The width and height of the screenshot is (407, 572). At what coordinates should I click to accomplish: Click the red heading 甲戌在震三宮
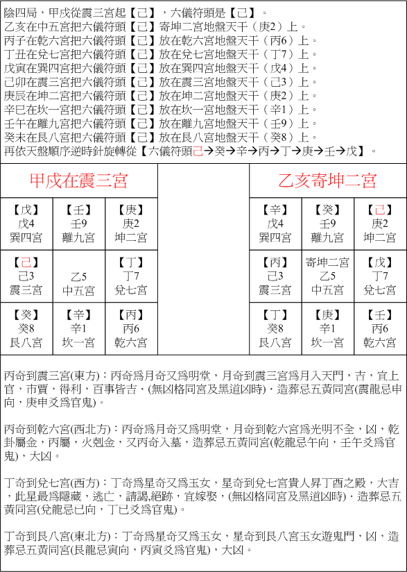pyautogui.click(x=78, y=181)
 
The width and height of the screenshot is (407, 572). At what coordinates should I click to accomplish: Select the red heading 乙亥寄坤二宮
pyautogui.click(x=327, y=181)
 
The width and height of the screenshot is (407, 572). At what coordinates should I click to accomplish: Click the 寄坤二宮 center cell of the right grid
pyautogui.click(x=327, y=276)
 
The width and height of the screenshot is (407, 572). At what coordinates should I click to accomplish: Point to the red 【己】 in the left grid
pyautogui.click(x=26, y=262)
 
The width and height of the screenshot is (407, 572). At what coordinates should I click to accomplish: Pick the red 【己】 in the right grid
pyautogui.click(x=379, y=210)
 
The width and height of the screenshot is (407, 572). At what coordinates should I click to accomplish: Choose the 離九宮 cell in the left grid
pyautogui.click(x=78, y=224)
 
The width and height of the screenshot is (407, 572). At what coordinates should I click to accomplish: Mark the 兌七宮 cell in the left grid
pyautogui.click(x=131, y=276)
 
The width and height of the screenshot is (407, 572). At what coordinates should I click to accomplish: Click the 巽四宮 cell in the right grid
pyautogui.click(x=275, y=224)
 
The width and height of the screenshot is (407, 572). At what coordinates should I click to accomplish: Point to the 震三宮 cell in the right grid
pyautogui.click(x=275, y=276)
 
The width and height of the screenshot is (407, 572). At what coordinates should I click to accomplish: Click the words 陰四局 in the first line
pyautogui.click(x=19, y=12)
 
